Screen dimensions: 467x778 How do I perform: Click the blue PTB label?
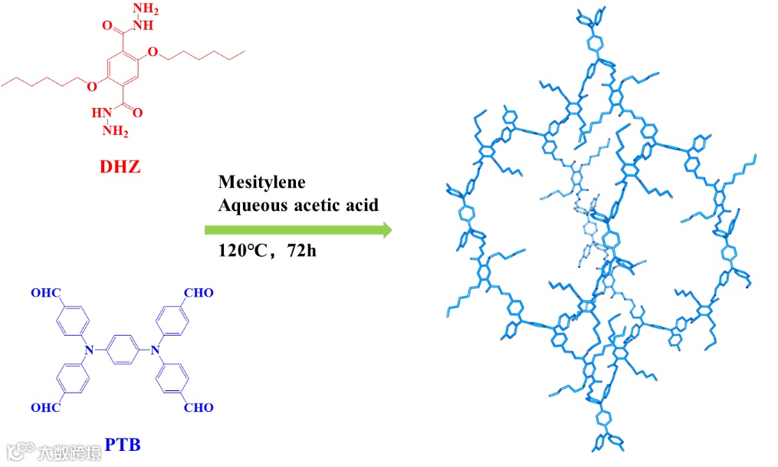pyautogui.click(x=123, y=444)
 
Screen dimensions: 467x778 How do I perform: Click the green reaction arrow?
pyautogui.click(x=298, y=229)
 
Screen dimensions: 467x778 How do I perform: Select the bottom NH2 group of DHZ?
pyautogui.click(x=115, y=130)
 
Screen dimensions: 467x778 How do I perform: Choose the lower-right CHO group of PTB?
pyautogui.click(x=199, y=408)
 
